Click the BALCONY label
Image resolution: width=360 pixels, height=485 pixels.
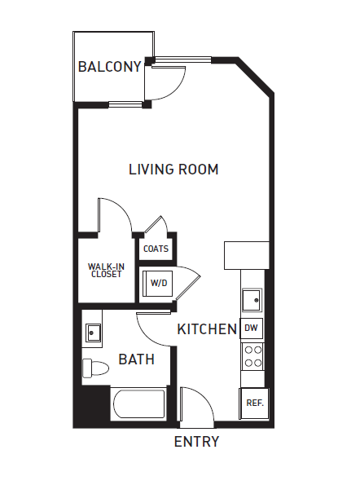110,67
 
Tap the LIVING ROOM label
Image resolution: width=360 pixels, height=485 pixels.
173,170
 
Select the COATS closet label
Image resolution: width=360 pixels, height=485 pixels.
155,249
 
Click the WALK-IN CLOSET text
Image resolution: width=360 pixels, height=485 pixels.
105,270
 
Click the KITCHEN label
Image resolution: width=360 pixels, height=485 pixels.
207,329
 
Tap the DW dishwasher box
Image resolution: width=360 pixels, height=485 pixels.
252,328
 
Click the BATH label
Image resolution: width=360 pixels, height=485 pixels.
136,359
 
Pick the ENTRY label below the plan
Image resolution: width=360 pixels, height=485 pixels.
196,442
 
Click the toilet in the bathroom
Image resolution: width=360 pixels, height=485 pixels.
94,368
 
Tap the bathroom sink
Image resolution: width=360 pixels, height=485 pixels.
93,332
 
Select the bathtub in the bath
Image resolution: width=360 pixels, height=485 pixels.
139,406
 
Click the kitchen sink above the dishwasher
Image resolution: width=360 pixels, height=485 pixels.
252,300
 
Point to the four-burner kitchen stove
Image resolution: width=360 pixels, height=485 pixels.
252,355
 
